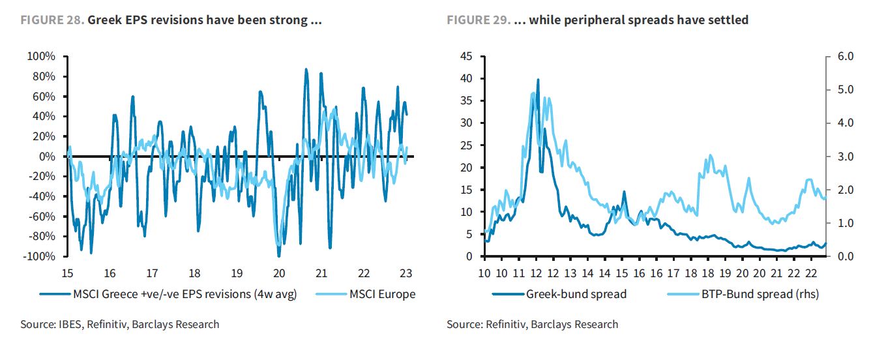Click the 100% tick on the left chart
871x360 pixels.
tap(42, 57)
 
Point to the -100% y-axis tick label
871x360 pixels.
tap(40, 256)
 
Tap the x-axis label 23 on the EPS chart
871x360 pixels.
tap(406, 273)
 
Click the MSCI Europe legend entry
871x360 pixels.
tap(382, 294)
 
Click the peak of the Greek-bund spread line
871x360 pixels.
tap(538, 80)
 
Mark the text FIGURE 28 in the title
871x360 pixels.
tap(52, 20)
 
